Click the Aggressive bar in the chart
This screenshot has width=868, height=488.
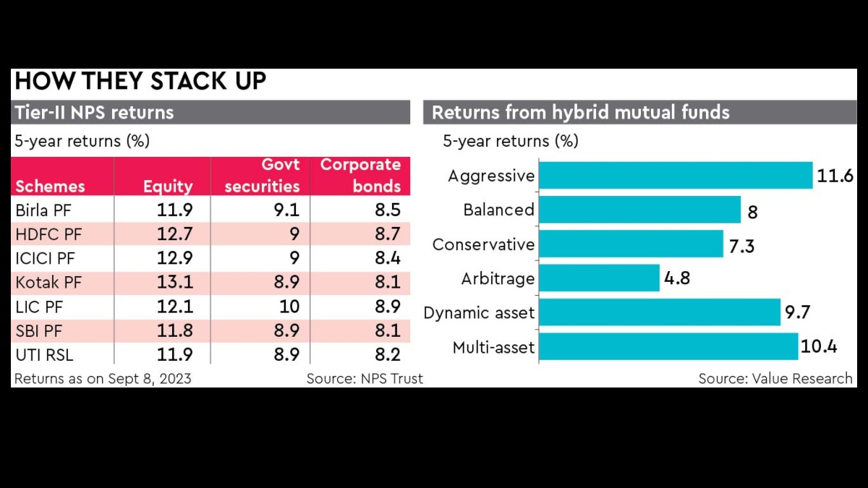pyautogui.click(x=676, y=176)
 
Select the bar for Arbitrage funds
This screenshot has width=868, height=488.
pyautogui.click(x=600, y=278)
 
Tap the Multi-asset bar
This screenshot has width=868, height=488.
pyautogui.click(x=668, y=347)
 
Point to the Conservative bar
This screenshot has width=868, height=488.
pyautogui.click(x=631, y=244)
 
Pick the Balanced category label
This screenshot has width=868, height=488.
pyautogui.click(x=498, y=210)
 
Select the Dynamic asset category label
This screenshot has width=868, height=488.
pyautogui.click(x=479, y=313)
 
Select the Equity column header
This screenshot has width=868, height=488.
pyautogui.click(x=168, y=187)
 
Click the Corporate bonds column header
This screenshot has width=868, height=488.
pyautogui.click(x=361, y=176)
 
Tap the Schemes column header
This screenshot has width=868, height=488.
pyautogui.click(x=50, y=187)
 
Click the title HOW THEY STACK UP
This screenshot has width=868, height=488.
pyautogui.click(x=140, y=82)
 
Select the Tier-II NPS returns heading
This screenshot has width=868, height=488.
pyautogui.click(x=94, y=113)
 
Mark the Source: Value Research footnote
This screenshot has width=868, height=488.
pyautogui.click(x=775, y=379)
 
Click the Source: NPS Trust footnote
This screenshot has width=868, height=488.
pyautogui.click(x=365, y=379)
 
